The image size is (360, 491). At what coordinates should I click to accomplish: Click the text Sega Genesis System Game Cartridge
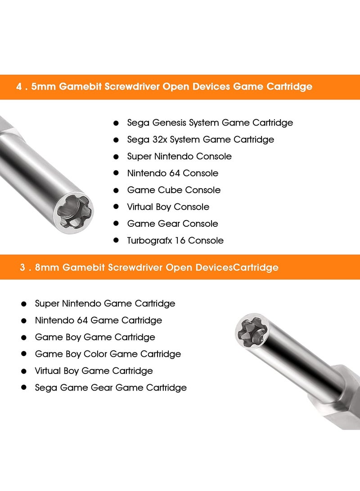pyautogui.click(x=210, y=123)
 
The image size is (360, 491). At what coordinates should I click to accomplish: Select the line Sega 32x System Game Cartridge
pyautogui.click(x=200, y=140)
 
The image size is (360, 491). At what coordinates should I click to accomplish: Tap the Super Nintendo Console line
pyautogui.click(x=179, y=157)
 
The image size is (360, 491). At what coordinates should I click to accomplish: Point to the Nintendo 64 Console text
pyautogui.click(x=172, y=173)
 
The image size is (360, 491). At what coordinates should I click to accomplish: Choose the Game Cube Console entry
pyautogui.click(x=174, y=190)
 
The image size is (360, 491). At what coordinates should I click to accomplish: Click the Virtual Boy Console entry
pyautogui.click(x=168, y=207)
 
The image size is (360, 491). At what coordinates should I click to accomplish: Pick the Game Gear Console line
pyautogui.click(x=172, y=224)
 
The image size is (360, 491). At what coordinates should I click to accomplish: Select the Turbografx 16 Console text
pyautogui.click(x=175, y=241)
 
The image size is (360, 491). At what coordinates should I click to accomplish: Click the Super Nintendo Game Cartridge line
pyautogui.click(x=105, y=304)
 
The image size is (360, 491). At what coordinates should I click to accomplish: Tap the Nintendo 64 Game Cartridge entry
pyautogui.click(x=98, y=320)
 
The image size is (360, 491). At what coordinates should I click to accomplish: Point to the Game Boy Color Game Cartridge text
pyautogui.click(x=108, y=354)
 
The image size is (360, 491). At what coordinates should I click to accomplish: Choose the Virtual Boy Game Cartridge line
pyautogui.click(x=94, y=371)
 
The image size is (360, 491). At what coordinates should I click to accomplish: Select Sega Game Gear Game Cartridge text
pyautogui.click(x=111, y=387)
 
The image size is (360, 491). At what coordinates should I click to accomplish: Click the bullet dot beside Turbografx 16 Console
pyautogui.click(x=116, y=240)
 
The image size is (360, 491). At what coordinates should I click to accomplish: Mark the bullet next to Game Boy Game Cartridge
pyautogui.click(x=24, y=338)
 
